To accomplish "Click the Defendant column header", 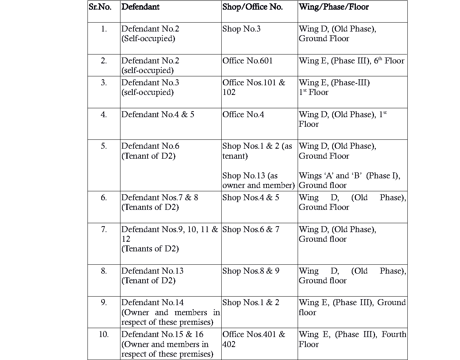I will pyautogui.click(x=140, y=7).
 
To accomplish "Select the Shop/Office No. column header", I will pyautogui.click(x=252, y=7).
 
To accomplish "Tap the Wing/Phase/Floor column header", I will pyautogui.click(x=334, y=7).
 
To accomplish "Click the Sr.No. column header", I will pyautogui.click(x=100, y=7).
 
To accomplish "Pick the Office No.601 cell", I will pyautogui.click(x=248, y=61).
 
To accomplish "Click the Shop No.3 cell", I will pyautogui.click(x=241, y=29).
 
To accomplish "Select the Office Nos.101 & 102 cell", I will pyautogui.click(x=254, y=87).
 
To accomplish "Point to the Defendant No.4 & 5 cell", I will pyautogui.click(x=158, y=115).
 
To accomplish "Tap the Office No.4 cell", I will pyautogui.click(x=243, y=115).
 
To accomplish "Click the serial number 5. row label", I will pyautogui.click(x=104, y=146).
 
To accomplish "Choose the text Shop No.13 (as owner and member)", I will pyautogui.click(x=258, y=181).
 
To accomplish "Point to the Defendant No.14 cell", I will pyautogui.click(x=152, y=303).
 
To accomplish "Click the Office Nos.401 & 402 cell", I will pyautogui.click(x=254, y=339).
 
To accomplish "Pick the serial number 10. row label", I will pyautogui.click(x=104, y=334).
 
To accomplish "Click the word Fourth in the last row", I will pyautogui.click(x=394, y=334).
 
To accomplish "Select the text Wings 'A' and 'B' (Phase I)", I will pyautogui.click(x=349, y=176).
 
